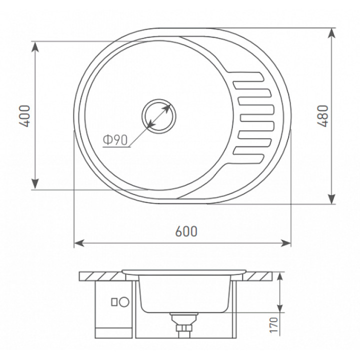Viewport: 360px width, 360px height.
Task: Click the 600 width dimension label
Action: point(186,231)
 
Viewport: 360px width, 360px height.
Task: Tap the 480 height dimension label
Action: point(322,116)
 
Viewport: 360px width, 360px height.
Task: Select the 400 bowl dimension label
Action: point(24,116)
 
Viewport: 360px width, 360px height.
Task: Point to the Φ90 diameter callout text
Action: point(115,140)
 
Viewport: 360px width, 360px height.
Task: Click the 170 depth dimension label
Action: point(273,325)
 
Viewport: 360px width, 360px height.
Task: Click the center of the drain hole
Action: point(159,116)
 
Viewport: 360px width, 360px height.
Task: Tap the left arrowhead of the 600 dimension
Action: point(79,243)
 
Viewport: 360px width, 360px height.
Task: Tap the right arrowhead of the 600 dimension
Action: point(286,243)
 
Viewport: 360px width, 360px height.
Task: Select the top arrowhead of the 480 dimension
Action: point(331,33)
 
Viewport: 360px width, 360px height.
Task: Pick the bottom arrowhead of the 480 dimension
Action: point(331,199)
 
